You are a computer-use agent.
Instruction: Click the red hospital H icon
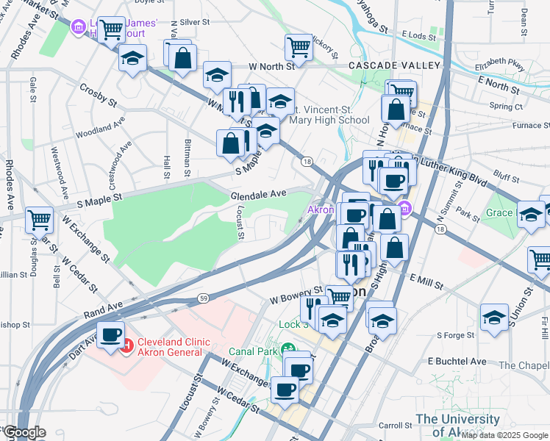(x=126, y=344)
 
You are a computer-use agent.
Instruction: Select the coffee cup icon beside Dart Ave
(x=111, y=336)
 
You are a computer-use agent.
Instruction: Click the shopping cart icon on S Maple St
(x=39, y=219)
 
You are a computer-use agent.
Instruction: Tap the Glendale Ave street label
(x=257, y=196)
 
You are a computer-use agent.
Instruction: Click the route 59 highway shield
(x=203, y=298)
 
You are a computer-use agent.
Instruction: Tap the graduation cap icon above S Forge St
(x=495, y=317)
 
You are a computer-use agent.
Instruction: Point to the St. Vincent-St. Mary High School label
(x=329, y=115)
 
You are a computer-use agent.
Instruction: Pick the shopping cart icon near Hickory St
(x=299, y=46)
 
